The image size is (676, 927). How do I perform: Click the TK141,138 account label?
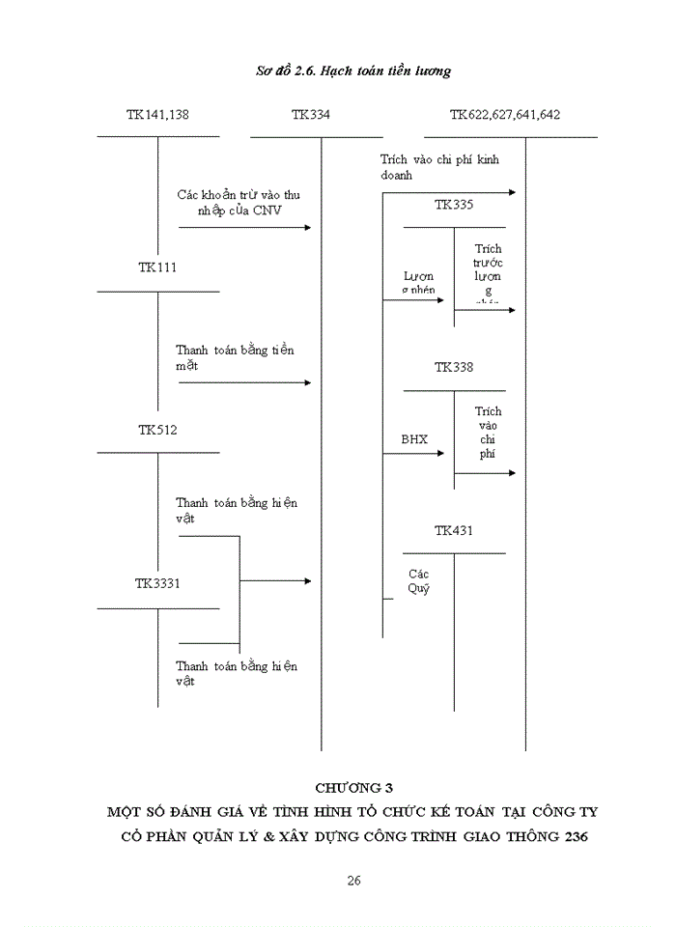[x=157, y=114]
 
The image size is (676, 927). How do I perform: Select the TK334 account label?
[x=310, y=114]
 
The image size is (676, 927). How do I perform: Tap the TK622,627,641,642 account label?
[x=505, y=114]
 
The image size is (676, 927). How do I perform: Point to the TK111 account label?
[x=156, y=267]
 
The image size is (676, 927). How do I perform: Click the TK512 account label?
[x=156, y=429]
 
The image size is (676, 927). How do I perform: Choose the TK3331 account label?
[x=157, y=583]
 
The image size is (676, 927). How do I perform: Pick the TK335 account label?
[x=454, y=205]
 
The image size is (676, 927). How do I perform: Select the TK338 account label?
[x=454, y=367]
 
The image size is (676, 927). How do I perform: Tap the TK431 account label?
[x=454, y=530]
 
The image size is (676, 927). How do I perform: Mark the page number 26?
[x=353, y=881]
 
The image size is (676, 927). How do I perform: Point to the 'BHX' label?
[x=414, y=439]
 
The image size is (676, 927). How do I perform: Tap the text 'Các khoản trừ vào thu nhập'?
[x=239, y=203]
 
